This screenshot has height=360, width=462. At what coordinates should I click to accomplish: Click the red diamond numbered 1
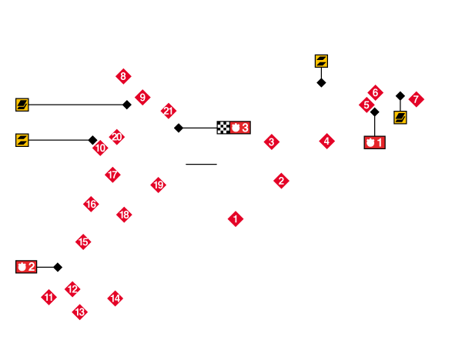click(x=236, y=218)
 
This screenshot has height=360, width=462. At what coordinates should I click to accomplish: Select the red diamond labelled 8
click(x=123, y=76)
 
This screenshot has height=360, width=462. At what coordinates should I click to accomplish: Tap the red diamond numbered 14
click(x=115, y=298)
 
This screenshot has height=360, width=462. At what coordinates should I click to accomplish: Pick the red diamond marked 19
click(x=158, y=185)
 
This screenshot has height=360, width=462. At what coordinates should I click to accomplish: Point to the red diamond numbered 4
click(x=326, y=141)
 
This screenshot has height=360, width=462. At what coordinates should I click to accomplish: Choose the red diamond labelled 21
click(x=168, y=111)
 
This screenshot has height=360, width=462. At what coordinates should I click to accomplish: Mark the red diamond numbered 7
click(x=416, y=99)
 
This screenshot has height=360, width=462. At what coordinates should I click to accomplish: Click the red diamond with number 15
click(x=83, y=242)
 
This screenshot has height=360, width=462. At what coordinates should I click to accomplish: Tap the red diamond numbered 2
click(x=281, y=181)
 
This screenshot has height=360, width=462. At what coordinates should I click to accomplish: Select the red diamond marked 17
click(x=112, y=175)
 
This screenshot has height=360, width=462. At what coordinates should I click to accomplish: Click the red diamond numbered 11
click(x=49, y=297)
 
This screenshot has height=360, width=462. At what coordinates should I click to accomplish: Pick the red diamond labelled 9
click(x=142, y=98)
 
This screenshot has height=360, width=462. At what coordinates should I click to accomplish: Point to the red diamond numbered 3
click(x=271, y=142)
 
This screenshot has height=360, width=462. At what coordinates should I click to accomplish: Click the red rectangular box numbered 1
click(x=374, y=142)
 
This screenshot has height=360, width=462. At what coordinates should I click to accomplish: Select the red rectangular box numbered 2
click(x=26, y=267)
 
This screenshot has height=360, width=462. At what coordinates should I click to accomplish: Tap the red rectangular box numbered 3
click(x=239, y=128)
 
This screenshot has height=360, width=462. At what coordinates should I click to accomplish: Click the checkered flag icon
click(x=223, y=128)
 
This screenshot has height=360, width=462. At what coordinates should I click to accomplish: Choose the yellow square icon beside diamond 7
click(x=400, y=118)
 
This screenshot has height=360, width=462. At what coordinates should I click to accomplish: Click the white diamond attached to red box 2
click(x=58, y=267)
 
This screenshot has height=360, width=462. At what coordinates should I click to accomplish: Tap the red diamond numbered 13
click(x=79, y=312)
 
